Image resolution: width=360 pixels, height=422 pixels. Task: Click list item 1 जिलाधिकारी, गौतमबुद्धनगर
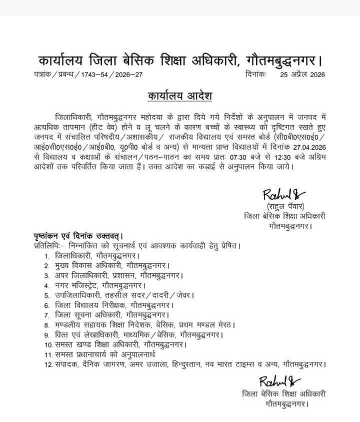95,255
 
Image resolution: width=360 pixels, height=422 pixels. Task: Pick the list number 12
48,364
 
